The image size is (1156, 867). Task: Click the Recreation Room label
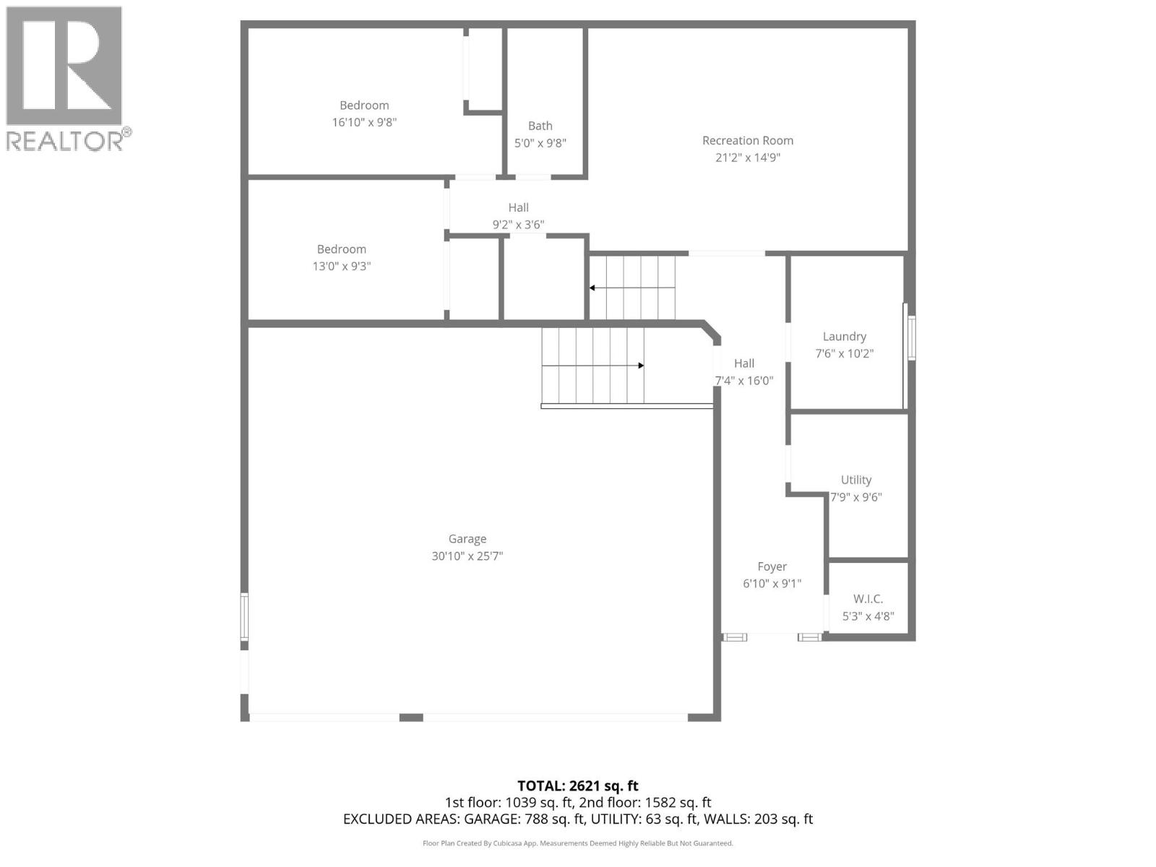tap(748, 141)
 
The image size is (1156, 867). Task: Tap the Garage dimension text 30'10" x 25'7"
tap(467, 556)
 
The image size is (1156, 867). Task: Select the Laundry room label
tap(844, 337)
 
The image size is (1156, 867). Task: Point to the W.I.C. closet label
tap(868, 599)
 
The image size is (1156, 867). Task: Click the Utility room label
tap(856, 480)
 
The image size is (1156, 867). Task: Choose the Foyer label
tap(772, 567)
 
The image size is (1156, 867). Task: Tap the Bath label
tap(540, 126)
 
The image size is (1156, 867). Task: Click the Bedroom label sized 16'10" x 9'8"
tap(364, 105)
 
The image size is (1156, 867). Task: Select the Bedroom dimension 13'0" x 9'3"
tap(341, 267)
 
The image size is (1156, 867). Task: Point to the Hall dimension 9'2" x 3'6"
tap(518, 225)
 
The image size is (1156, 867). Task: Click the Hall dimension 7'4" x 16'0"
tap(744, 381)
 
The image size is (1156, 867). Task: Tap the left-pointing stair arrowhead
tap(592, 288)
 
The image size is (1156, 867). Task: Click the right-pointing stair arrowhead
tap(640, 366)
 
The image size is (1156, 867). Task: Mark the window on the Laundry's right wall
tap(912, 337)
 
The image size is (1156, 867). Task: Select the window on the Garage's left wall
tap(245, 616)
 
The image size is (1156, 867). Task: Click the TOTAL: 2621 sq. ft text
tap(577, 786)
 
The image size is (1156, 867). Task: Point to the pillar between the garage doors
tap(411, 717)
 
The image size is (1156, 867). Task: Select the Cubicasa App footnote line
tap(577, 843)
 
